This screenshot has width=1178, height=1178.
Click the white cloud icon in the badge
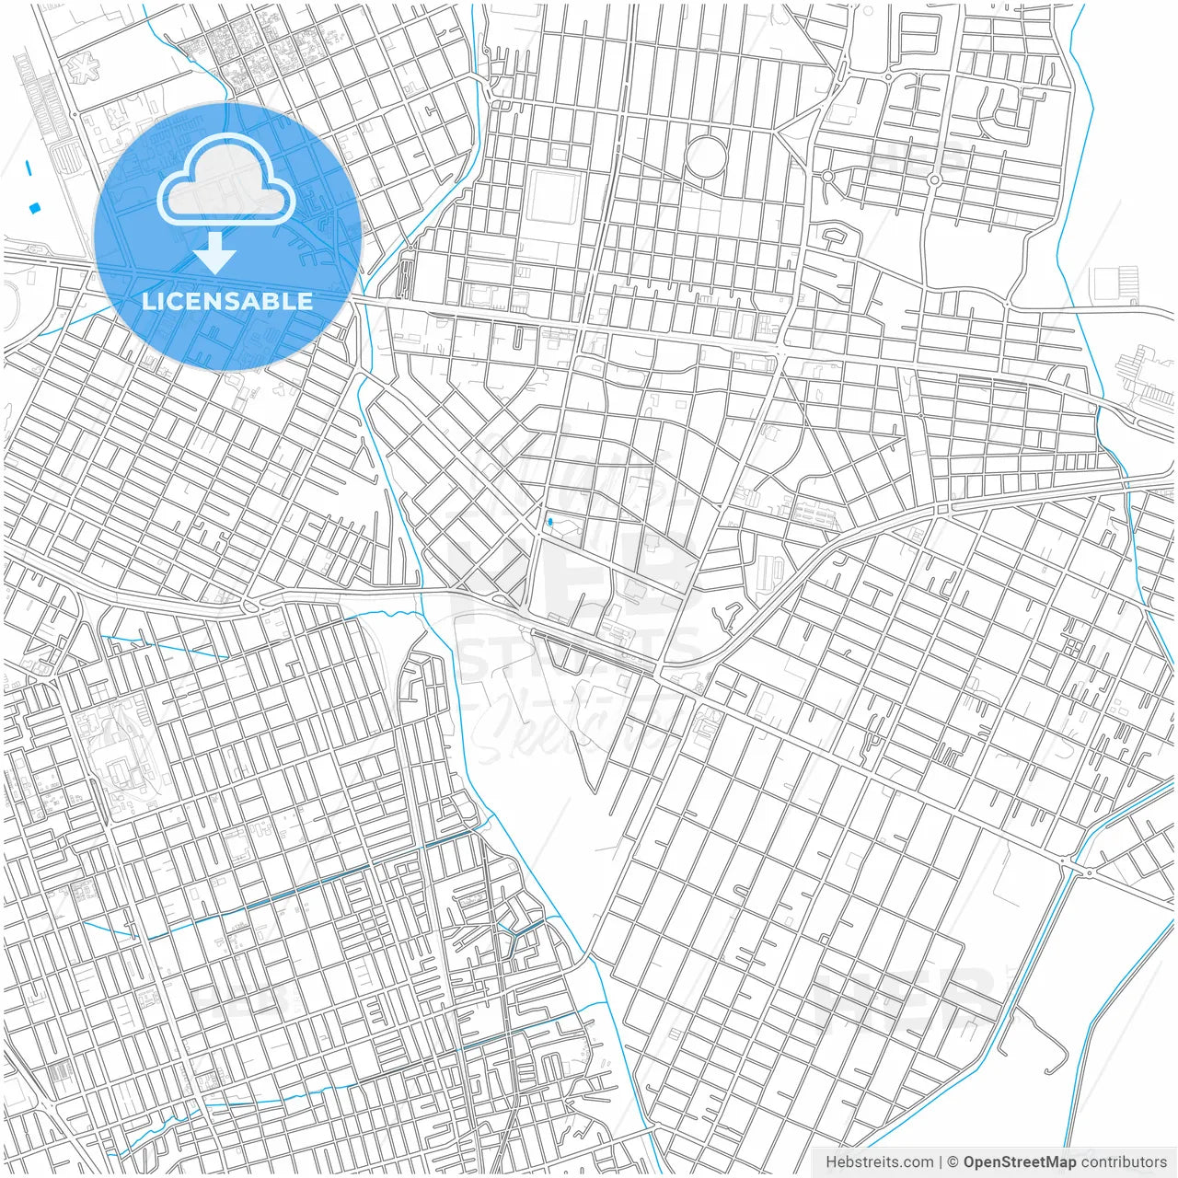(226, 180)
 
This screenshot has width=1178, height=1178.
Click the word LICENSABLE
(227, 301)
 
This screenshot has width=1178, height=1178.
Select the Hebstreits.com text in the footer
(879, 1162)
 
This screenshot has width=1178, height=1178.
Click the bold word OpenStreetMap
(1020, 1162)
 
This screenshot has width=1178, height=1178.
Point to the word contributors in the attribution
(1124, 1162)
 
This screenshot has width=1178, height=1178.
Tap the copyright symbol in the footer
(953, 1162)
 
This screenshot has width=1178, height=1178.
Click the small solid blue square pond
(35, 208)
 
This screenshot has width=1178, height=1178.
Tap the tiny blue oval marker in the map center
(549, 523)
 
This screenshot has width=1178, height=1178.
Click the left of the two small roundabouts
(827, 176)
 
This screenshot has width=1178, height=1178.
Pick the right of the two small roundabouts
(934, 179)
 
